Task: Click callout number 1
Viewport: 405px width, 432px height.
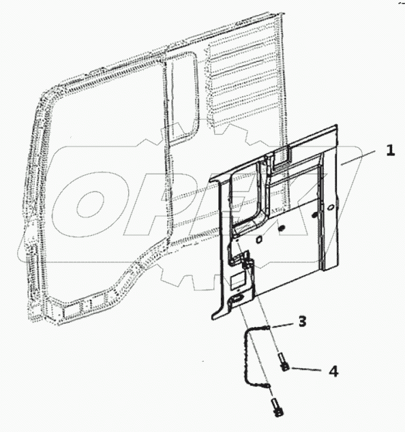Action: coord(390,151)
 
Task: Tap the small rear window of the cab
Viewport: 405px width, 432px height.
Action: coord(181,99)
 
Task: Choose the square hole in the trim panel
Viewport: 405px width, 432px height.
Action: coord(260,239)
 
